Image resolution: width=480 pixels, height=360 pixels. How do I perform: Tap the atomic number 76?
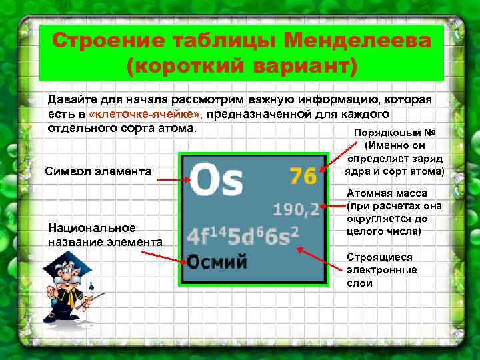[303, 177]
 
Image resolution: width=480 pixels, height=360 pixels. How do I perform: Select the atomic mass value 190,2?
[297, 210]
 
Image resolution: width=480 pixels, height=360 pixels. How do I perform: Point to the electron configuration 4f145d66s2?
[243, 235]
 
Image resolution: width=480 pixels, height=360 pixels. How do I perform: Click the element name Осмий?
[217, 261]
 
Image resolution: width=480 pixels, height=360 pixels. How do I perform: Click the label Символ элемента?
[98, 173]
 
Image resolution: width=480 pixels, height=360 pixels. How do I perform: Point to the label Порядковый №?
[396, 132]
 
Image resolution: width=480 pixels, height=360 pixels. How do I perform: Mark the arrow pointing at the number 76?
[331, 168]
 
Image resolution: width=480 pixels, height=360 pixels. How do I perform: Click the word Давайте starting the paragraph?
[71, 99]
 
